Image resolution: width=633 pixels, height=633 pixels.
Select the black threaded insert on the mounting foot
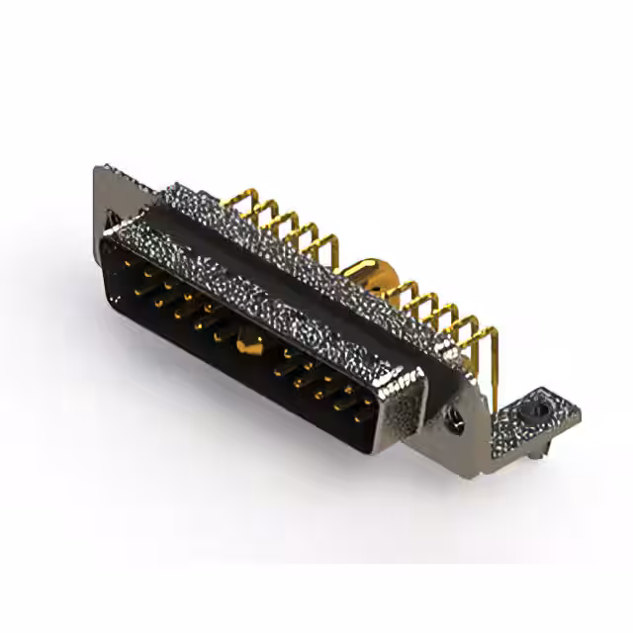click(535, 407)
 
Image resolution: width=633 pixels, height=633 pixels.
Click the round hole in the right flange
click(458, 419)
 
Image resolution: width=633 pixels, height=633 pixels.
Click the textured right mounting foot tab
click(524, 420)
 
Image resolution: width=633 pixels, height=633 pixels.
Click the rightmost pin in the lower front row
click(358, 415)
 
